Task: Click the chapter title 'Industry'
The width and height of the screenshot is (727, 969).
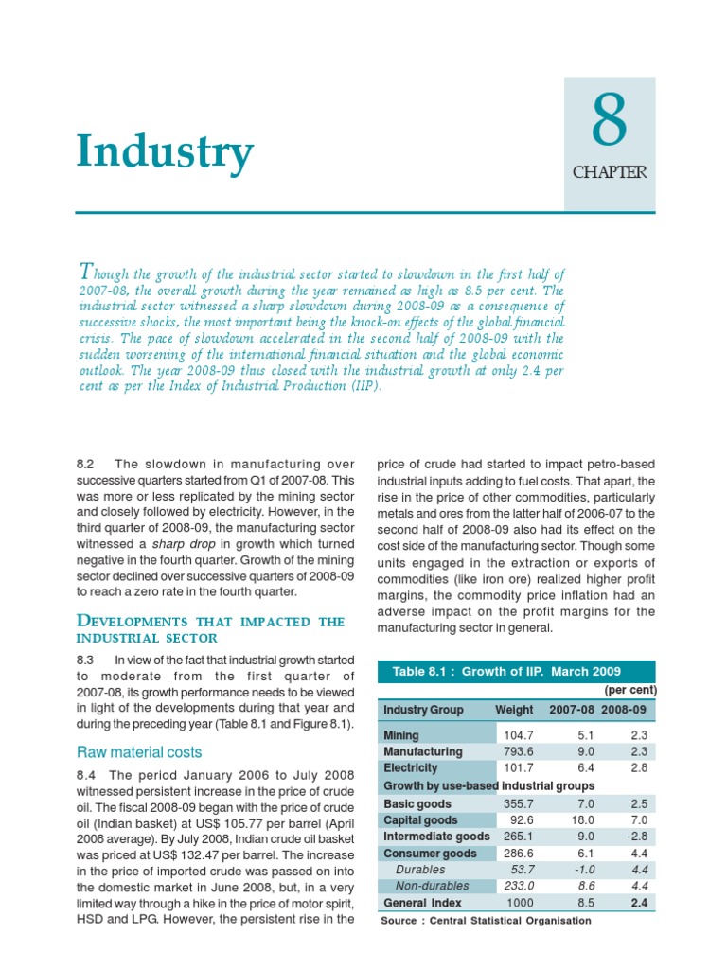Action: [x=165, y=151]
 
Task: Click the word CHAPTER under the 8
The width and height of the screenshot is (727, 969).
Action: [x=610, y=172]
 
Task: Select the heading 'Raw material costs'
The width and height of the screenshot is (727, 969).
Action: [x=139, y=752]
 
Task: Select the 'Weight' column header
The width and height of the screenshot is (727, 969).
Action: [x=512, y=710]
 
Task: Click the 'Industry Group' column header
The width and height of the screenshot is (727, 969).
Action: [x=423, y=710]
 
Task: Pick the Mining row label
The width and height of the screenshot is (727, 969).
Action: [x=401, y=734]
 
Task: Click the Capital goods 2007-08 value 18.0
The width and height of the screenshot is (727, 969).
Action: [x=579, y=819]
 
